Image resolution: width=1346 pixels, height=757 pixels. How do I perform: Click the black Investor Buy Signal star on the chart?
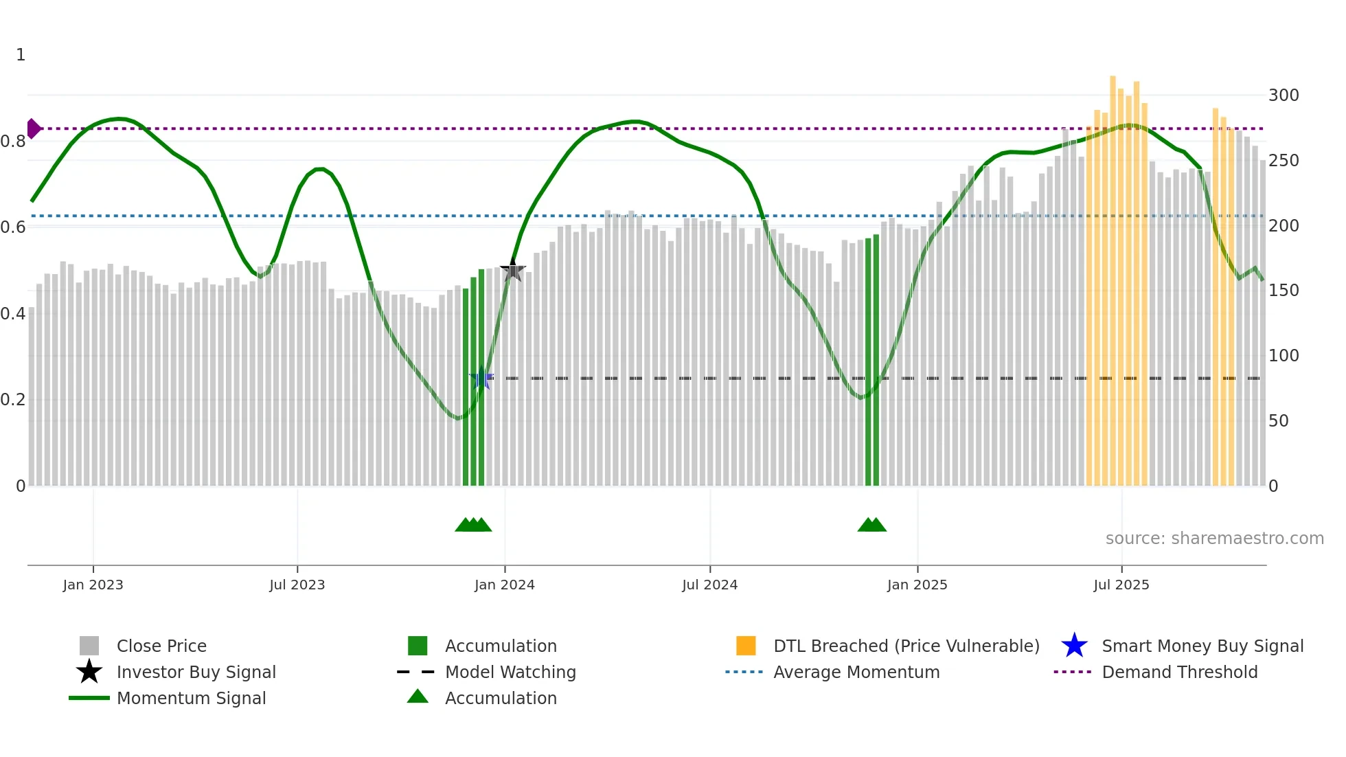coord(512,270)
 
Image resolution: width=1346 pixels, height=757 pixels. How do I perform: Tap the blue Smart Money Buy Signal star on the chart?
coord(481,378)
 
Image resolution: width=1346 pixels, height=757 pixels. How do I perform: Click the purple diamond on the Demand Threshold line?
coord(33,128)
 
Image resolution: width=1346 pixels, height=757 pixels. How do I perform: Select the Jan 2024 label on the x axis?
coord(504,585)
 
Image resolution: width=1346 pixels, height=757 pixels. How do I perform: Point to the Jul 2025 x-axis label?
coord(1121,585)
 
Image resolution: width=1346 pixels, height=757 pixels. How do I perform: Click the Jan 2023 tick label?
coord(93,585)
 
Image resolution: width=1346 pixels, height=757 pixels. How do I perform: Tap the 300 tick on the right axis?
coord(1284,95)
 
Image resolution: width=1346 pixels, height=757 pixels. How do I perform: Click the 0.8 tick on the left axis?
coord(13,142)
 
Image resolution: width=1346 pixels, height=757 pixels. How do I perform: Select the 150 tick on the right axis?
coord(1284,291)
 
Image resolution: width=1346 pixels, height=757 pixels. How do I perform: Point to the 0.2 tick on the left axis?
coord(13,400)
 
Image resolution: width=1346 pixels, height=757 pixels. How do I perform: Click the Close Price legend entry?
coord(161,646)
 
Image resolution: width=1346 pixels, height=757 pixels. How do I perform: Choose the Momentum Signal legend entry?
coord(191,699)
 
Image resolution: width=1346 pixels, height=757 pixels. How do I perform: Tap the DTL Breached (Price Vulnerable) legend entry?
coord(906,646)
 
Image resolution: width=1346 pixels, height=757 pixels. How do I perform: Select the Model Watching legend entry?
coord(510,673)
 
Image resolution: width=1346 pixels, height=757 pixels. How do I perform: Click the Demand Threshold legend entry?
coord(1179,673)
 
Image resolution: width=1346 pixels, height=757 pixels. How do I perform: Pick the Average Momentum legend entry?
coord(856,673)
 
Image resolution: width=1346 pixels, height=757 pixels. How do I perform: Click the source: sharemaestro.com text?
coord(1214,539)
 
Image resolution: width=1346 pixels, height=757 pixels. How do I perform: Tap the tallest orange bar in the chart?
coord(1113,275)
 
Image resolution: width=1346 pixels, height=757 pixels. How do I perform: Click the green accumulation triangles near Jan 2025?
coord(872,525)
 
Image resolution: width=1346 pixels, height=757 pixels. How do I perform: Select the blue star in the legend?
coord(1074,646)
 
